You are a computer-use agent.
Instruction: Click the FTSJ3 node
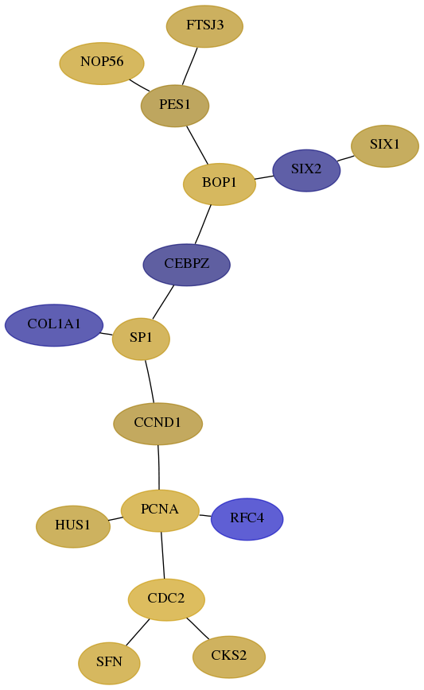(x=204, y=26)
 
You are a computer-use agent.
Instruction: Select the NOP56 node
(x=102, y=63)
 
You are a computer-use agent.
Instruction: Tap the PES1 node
(x=175, y=106)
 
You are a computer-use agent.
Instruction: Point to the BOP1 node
(x=220, y=184)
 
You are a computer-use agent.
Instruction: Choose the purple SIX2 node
(x=306, y=170)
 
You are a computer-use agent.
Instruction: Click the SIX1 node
(x=385, y=145)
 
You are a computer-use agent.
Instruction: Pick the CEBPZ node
(x=187, y=265)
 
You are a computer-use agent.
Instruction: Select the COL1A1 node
(x=54, y=325)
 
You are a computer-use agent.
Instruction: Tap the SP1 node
(x=141, y=339)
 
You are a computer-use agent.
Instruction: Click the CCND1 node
(x=158, y=424)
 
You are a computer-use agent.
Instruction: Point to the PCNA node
(x=160, y=510)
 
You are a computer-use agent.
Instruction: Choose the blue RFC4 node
(x=247, y=519)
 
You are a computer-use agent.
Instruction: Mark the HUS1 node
(x=73, y=526)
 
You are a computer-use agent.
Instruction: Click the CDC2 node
(x=166, y=599)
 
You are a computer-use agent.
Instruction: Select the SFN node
(x=109, y=663)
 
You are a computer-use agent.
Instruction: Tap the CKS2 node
(x=229, y=657)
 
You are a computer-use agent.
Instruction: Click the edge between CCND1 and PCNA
(x=158, y=467)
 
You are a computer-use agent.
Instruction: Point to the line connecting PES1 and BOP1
(x=197, y=145)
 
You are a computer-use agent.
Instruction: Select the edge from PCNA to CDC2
(x=162, y=556)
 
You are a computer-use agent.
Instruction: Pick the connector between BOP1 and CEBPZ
(x=203, y=224)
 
